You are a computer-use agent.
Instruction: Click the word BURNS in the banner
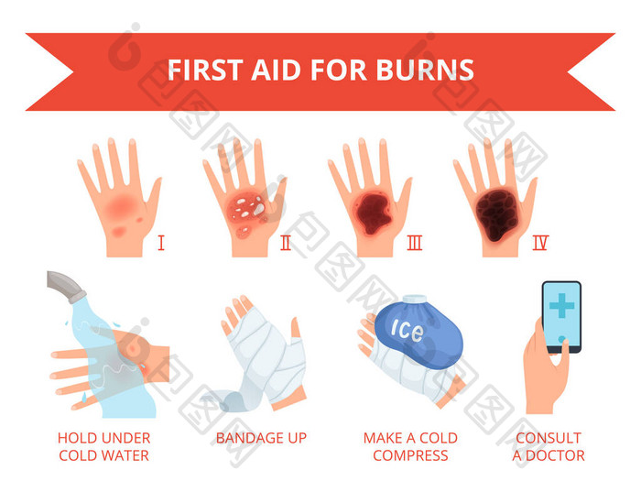tap(425, 70)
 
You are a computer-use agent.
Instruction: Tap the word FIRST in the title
tap(205, 70)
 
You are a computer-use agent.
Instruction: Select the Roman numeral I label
tap(161, 243)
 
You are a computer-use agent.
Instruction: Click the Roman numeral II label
tap(286, 243)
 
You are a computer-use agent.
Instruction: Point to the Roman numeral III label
tap(414, 243)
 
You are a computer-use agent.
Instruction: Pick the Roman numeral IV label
tap(540, 243)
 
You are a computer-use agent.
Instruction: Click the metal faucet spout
tap(65, 286)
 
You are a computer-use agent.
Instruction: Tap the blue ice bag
tap(418, 333)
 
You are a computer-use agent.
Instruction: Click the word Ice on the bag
tap(407, 330)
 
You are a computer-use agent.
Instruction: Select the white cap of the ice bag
tap(415, 300)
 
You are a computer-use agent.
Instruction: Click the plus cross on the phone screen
tap(561, 305)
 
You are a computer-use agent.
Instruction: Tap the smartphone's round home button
tap(561, 340)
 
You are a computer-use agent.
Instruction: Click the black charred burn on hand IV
tap(496, 213)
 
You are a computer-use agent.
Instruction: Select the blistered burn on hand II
tap(248, 212)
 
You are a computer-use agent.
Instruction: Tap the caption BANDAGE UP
tap(261, 438)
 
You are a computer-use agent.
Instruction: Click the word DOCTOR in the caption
tap(555, 455)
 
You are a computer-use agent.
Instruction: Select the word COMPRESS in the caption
tap(410, 455)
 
